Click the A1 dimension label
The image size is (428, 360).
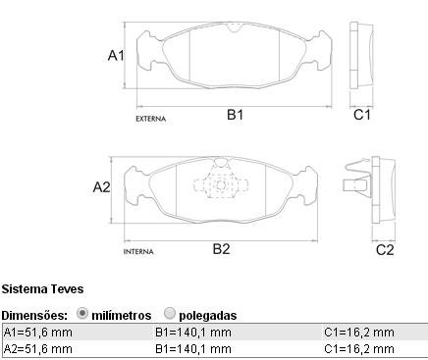[116, 56]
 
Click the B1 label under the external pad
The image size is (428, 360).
[235, 115]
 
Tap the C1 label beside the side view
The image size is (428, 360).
[362, 115]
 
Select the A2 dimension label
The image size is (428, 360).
[101, 187]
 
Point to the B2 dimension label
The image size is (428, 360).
[222, 249]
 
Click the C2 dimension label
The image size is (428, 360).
[385, 250]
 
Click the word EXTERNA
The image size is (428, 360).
[151, 119]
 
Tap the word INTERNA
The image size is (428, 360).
[138, 252]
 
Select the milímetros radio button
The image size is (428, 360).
[82, 314]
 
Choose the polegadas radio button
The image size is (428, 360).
[169, 314]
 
